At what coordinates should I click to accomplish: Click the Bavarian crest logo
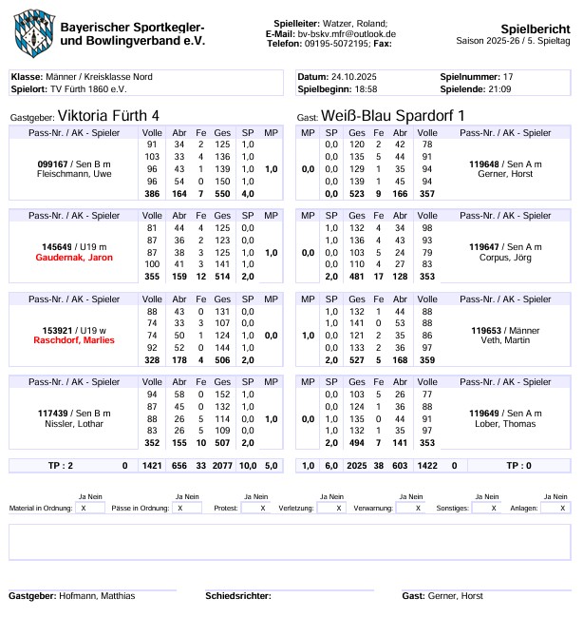point(34,31)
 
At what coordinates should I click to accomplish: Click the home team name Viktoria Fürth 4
point(109,115)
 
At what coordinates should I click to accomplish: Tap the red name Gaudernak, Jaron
point(74,258)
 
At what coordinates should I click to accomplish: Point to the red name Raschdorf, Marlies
point(74,339)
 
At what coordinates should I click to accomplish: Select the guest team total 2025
point(357,466)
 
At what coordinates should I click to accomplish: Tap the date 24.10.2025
point(352,76)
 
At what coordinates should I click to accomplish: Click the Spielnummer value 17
point(508,76)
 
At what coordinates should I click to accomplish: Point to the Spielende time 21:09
point(499,88)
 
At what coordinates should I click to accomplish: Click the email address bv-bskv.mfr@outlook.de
point(347,33)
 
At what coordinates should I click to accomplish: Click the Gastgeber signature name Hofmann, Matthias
point(100,596)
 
